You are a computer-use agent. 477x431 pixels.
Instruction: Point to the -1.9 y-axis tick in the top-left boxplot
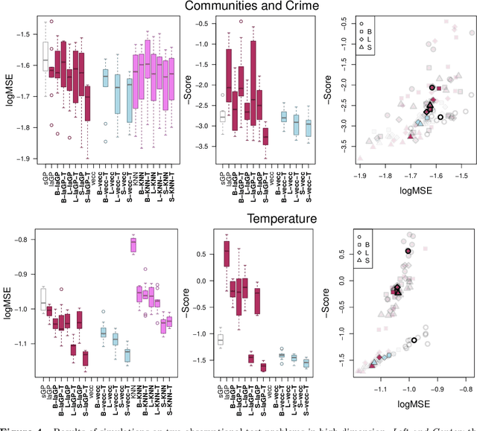tap(25, 159)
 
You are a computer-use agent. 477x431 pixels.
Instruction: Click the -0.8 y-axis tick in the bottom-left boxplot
tap(25, 240)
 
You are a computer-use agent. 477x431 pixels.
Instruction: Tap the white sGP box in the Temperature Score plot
tap(200, 339)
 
